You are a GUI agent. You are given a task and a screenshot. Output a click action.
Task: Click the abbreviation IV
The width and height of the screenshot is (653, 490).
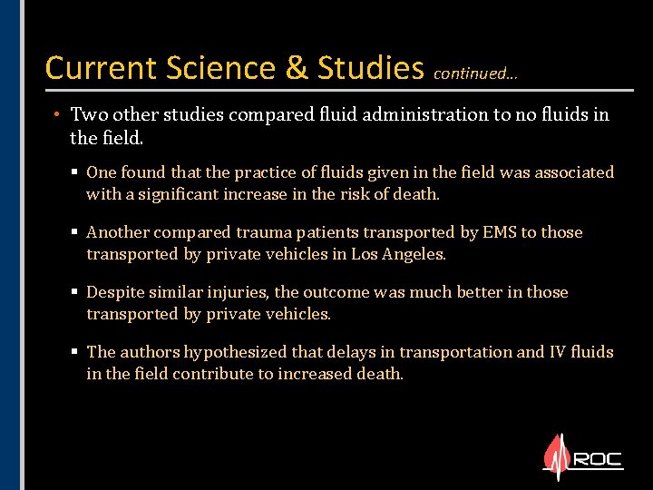(558, 352)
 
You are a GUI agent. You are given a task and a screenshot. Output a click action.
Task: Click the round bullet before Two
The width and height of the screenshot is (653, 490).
(56, 115)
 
